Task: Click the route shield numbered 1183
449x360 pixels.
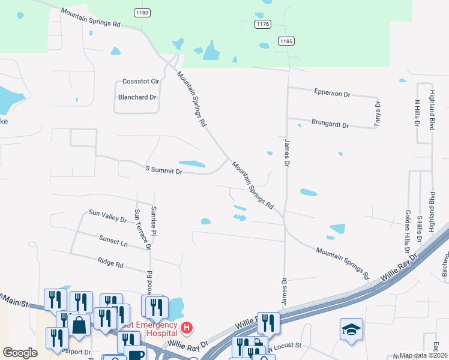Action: [142, 12]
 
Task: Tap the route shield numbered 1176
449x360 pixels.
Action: [262, 24]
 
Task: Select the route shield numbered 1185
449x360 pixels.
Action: [286, 40]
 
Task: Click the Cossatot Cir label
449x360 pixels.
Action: [140, 81]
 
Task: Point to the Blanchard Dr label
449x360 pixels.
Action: [137, 97]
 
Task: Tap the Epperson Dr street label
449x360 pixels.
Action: [332, 94]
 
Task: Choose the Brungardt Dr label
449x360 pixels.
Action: [330, 124]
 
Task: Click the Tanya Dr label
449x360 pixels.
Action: [378, 112]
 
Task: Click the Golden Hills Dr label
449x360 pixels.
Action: [407, 232]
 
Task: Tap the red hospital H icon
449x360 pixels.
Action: [187, 328]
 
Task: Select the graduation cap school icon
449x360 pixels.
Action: [351, 329]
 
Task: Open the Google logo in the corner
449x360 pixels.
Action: [20, 353]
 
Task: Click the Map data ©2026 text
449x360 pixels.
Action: [423, 355]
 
